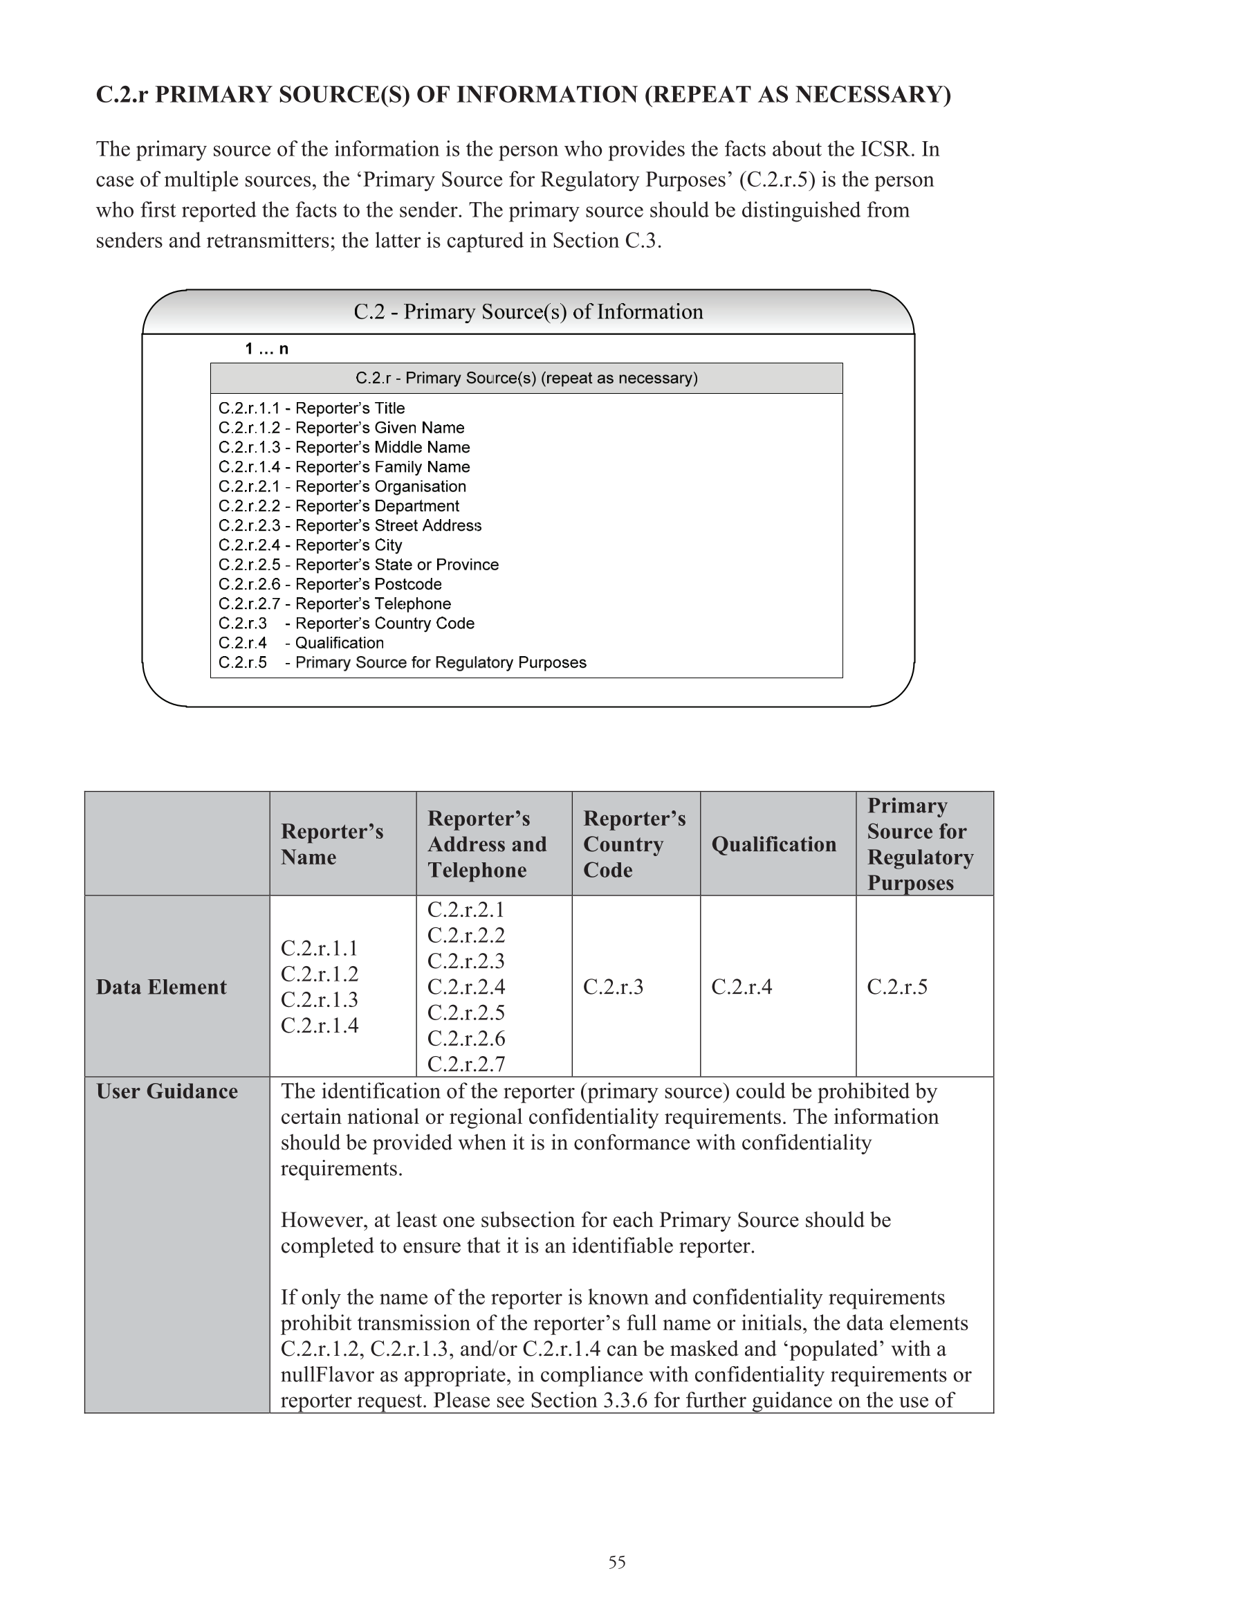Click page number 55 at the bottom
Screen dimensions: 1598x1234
616,1562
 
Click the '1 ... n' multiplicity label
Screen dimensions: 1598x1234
266,349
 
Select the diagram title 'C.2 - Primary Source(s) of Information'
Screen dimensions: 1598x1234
528,311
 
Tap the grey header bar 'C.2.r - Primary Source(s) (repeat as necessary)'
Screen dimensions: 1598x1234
526,379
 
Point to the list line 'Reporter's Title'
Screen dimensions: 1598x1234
311,408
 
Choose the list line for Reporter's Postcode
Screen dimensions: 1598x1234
330,584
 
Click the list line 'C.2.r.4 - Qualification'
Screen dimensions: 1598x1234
301,642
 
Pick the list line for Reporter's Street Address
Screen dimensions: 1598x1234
349,525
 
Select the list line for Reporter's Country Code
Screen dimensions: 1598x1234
346,624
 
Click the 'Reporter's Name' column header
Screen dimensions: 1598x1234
332,844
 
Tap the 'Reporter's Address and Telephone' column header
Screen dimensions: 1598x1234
487,844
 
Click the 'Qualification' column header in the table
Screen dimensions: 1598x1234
773,844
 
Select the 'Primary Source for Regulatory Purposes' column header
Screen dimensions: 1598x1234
919,844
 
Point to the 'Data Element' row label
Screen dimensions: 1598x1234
161,987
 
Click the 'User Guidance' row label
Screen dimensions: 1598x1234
167,1091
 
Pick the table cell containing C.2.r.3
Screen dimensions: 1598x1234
613,987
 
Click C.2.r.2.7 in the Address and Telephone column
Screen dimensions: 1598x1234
466,1064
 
